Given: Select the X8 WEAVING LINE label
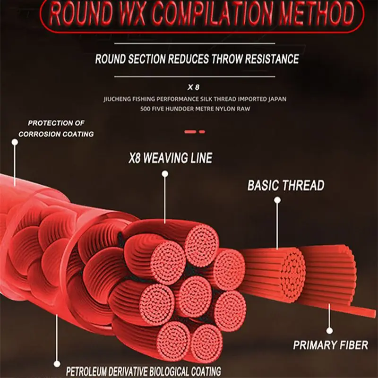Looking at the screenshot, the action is click(x=171, y=157).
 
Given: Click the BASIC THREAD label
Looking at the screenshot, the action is click(x=285, y=185).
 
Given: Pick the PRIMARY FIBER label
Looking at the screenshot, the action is click(x=330, y=344).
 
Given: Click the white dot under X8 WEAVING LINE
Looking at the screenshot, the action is click(x=165, y=174).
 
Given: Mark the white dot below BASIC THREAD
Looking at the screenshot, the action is click(x=277, y=200).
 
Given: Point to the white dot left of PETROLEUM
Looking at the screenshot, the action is click(x=58, y=364).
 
